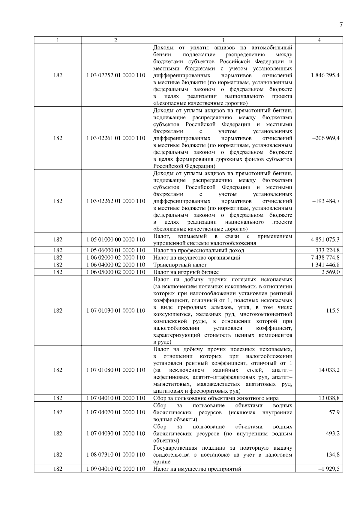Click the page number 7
coord(341,25)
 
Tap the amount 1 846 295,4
coord(325,76)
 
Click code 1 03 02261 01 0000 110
coord(116,138)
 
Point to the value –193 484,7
coord(326,201)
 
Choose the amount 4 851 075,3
coord(325,240)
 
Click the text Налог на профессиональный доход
coord(199,250)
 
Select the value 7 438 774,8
coord(325,257)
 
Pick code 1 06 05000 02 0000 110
coord(116,272)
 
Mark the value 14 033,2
coord(329,370)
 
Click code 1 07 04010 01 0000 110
coord(116,398)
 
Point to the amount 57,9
coord(334,412)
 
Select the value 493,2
coord(333,433)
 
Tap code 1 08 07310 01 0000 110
coord(116,455)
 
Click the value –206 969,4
coord(326,138)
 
